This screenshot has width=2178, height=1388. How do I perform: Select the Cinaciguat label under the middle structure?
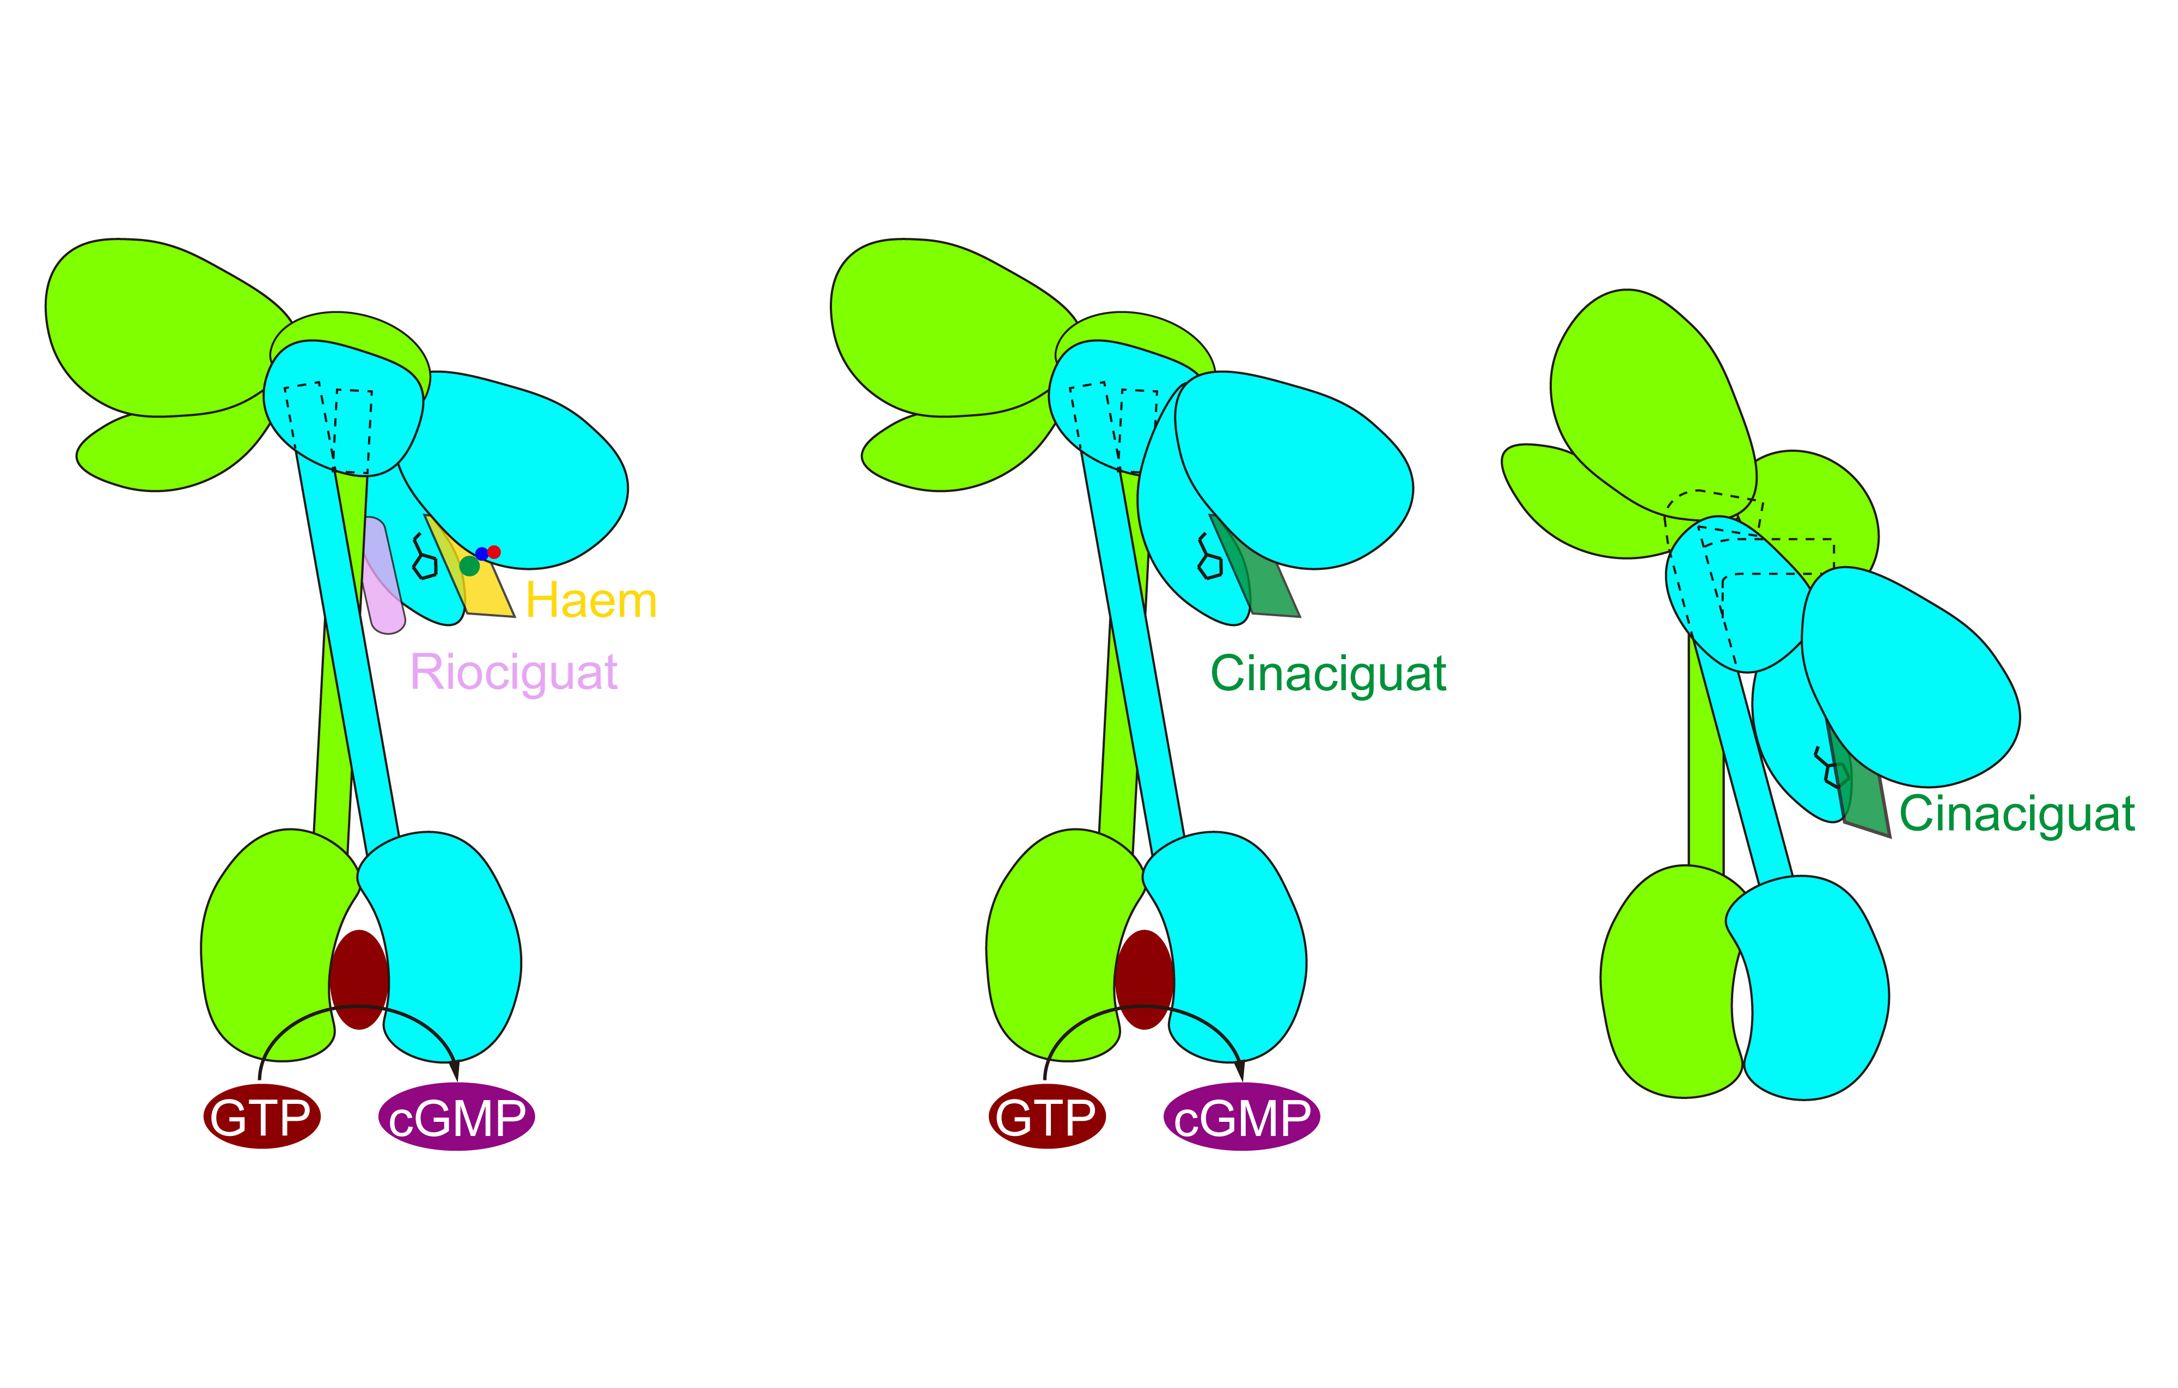pos(1328,674)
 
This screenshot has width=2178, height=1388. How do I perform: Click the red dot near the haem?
pos(494,551)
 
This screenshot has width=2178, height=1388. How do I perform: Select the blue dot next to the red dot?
pos(481,554)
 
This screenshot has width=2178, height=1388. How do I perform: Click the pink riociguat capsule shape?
pos(383,575)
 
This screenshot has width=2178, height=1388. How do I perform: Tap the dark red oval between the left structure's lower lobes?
pos(359,979)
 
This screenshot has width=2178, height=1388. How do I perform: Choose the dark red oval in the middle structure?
pos(1144,979)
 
